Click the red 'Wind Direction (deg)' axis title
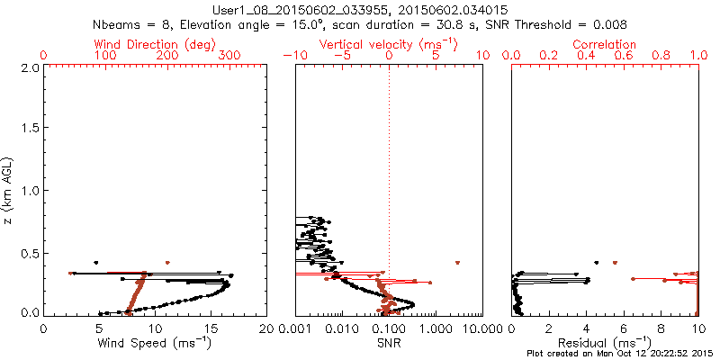156,44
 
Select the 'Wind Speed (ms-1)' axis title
156,343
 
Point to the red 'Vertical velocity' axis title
388,44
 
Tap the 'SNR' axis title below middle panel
389,343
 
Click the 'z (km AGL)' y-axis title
10,191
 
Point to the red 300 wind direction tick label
229,56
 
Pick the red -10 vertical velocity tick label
292,56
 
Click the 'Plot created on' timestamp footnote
620,353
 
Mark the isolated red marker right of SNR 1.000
458,262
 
